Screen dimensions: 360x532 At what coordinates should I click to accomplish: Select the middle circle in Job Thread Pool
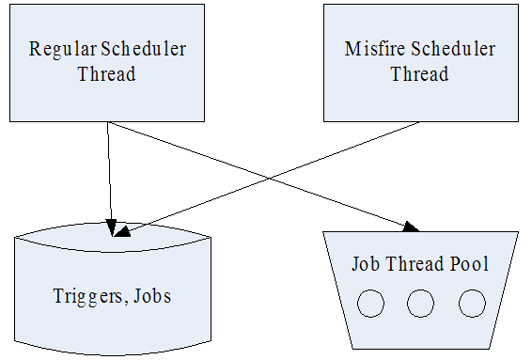pos(420,303)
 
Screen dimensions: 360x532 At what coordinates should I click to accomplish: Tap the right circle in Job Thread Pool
pos(471,303)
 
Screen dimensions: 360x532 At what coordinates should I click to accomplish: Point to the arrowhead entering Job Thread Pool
pos(413,227)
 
